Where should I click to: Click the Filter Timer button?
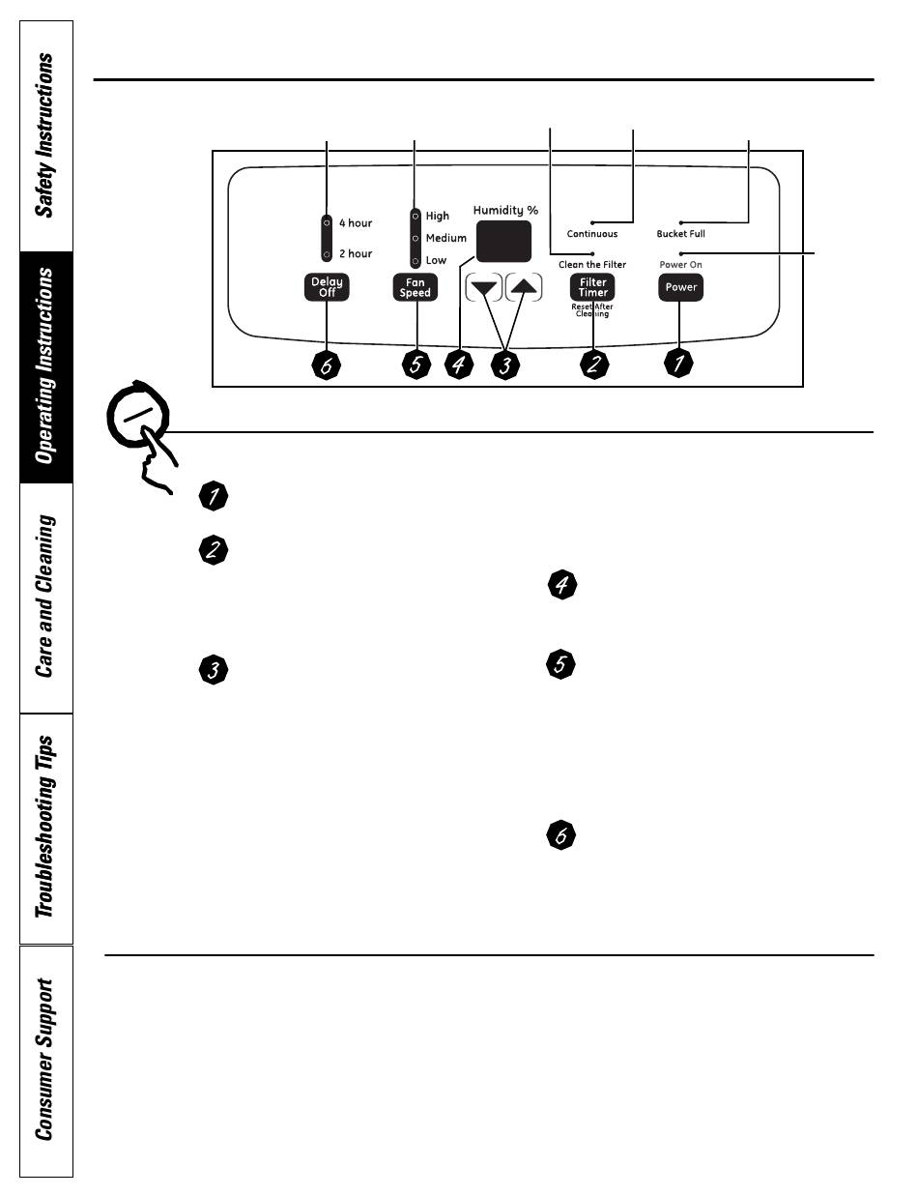(592, 287)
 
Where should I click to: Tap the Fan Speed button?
(416, 287)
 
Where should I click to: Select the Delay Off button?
(327, 287)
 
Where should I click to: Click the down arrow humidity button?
(484, 287)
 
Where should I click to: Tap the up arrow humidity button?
(525, 287)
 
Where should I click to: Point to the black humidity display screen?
(503, 241)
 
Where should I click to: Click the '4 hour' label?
(355, 223)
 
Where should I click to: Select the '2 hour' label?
(355, 254)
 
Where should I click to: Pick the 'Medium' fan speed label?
(445, 238)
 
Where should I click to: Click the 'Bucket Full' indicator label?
(680, 234)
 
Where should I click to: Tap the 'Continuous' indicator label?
(592, 234)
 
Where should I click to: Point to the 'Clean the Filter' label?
(592, 264)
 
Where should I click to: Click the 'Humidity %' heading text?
(505, 210)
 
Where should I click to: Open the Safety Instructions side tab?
(45, 135)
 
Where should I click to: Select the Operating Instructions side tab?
(45, 367)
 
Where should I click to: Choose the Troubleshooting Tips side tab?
(45, 828)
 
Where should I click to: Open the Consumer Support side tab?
(45, 1061)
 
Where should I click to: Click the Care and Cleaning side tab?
(45, 597)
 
